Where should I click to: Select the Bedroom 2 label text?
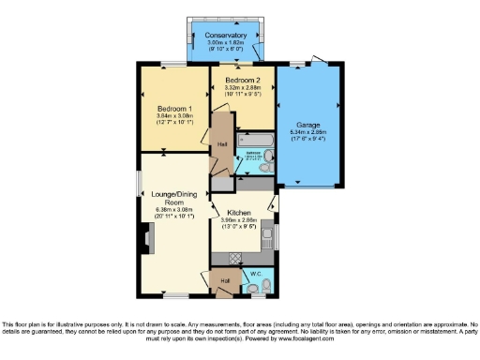tap(242, 82)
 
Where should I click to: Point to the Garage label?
tap(309, 124)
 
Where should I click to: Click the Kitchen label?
tap(239, 213)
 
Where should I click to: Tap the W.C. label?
tap(254, 274)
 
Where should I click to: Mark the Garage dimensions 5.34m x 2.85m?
tap(309, 132)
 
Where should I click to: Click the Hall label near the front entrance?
tap(225, 279)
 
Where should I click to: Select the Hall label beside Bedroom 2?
tap(222, 144)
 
